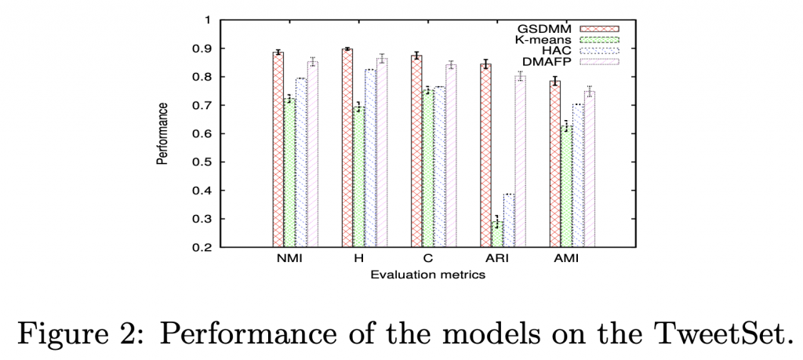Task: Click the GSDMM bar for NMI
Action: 278,149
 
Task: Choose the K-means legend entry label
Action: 542,39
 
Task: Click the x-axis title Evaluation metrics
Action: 427,275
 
